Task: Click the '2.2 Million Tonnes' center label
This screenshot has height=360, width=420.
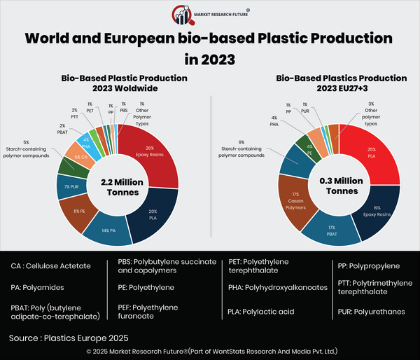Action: (118, 186)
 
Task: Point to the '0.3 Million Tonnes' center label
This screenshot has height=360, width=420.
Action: (340, 185)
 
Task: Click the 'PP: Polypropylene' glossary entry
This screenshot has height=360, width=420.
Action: (369, 267)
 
